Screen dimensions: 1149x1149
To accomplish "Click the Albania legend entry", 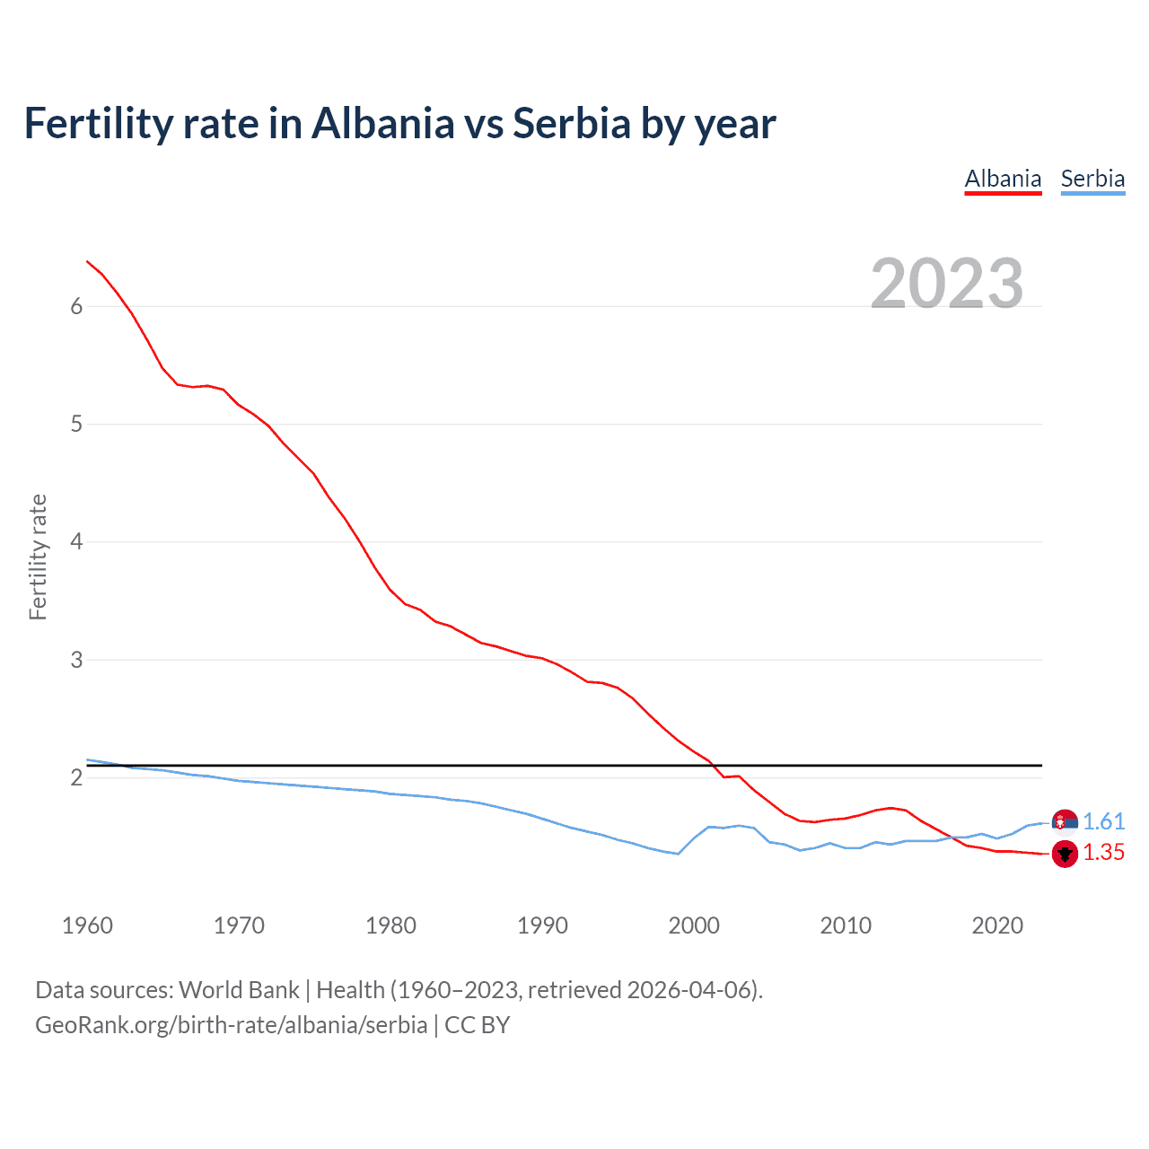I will coord(1003,179).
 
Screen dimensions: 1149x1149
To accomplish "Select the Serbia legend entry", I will coord(1092,179).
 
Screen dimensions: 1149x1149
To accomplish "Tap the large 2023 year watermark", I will coord(947,284).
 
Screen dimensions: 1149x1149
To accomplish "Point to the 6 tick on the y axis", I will coord(76,306).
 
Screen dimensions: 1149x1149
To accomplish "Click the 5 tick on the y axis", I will coord(76,424).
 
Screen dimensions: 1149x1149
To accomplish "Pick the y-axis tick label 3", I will coord(76,660).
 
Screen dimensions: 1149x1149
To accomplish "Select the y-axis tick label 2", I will coord(76,777).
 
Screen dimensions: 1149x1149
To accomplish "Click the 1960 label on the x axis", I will coord(87,925).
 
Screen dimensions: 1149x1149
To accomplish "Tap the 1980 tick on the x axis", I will coord(390,925).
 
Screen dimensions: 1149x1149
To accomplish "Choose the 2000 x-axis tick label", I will coord(694,925).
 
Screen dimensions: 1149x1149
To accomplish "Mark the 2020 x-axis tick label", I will coord(997,925).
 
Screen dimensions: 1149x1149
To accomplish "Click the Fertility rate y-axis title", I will coord(38,557).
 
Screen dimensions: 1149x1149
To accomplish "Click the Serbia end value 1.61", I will coord(1103,821).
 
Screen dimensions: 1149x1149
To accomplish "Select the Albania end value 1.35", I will coord(1103,853).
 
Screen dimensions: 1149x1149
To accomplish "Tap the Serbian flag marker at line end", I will coord(1065,821).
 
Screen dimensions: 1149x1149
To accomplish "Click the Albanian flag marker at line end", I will coord(1065,854).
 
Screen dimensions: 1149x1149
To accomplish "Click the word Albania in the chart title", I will coord(383,123).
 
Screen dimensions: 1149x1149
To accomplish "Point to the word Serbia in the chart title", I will coord(572,123).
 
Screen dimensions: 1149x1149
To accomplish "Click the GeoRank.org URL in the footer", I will coord(231,1025).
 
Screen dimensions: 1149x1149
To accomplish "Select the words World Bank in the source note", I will coord(239,990).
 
